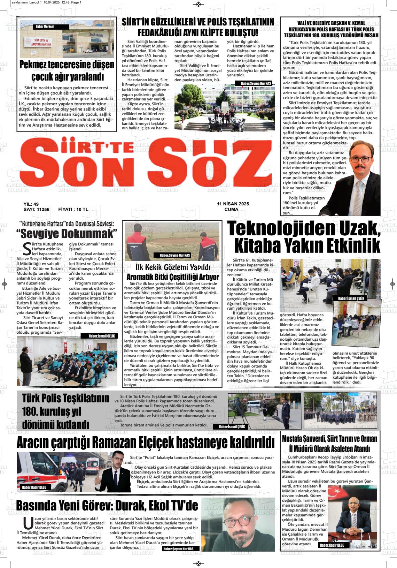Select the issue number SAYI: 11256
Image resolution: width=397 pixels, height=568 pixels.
pyautogui.click(x=36, y=210)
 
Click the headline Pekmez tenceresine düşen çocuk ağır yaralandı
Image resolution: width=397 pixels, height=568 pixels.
pyautogui.click(x=67, y=70)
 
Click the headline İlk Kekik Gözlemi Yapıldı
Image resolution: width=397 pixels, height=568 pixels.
pyautogui.click(x=173, y=268)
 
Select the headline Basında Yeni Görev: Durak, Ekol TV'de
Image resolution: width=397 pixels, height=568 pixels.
pyautogui.click(x=107, y=505)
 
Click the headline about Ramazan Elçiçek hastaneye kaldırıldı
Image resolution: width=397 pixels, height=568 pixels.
pyautogui.click(x=146, y=443)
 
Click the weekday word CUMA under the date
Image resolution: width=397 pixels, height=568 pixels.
pyautogui.click(x=232, y=210)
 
